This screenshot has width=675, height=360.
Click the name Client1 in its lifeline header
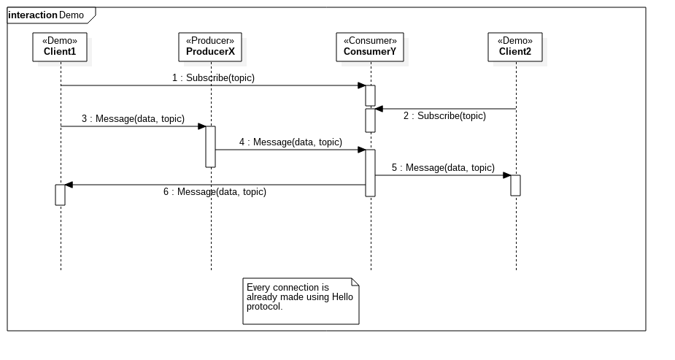[x=60, y=52]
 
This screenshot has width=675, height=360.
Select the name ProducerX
[x=210, y=52]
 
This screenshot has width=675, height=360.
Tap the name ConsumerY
[x=370, y=52]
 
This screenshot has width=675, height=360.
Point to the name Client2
[x=515, y=52]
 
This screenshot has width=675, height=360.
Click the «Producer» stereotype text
[x=210, y=41]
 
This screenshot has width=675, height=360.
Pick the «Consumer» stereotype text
[x=370, y=41]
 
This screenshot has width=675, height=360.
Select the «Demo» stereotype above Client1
[x=60, y=41]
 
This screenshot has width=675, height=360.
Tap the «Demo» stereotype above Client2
[x=515, y=41]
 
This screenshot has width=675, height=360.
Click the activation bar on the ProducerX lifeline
[x=210, y=146]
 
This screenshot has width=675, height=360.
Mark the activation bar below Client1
[x=60, y=195]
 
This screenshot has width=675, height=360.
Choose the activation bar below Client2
[x=515, y=185]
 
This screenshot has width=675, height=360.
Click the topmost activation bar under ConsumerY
[x=370, y=96]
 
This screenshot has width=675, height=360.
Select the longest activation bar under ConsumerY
[x=370, y=173]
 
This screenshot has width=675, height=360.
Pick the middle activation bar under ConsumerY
[x=370, y=120]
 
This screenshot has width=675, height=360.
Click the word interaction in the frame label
[x=33, y=15]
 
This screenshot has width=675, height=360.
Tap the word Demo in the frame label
[x=72, y=15]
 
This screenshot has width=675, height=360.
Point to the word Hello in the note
[x=343, y=297]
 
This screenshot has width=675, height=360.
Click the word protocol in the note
[x=263, y=307]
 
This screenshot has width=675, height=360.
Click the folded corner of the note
[x=355, y=282]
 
